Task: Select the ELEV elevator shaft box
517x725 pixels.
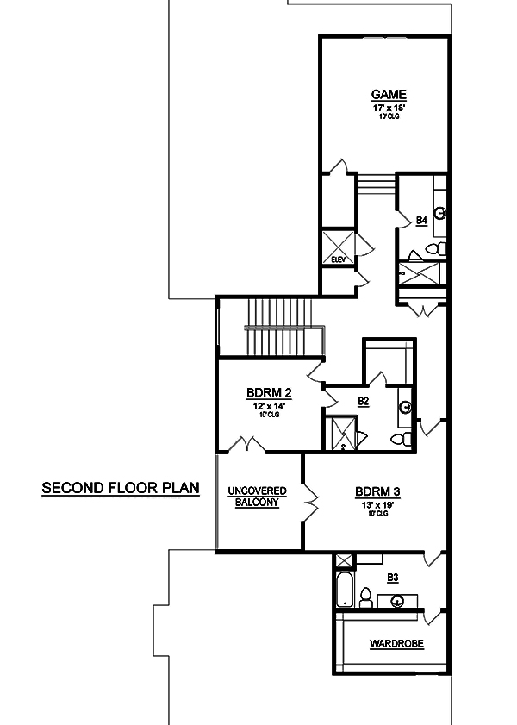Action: click(x=335, y=245)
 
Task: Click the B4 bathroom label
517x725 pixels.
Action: click(x=421, y=221)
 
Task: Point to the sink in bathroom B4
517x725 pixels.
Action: click(x=439, y=212)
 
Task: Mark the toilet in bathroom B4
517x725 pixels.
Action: click(x=437, y=249)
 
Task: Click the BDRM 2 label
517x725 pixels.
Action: click(x=269, y=393)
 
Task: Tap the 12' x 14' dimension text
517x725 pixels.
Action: click(x=269, y=406)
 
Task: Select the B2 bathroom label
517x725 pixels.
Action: click(x=363, y=401)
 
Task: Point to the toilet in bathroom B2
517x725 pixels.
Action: click(x=401, y=439)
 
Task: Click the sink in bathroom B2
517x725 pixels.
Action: click(x=405, y=407)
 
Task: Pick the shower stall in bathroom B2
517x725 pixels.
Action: click(x=339, y=432)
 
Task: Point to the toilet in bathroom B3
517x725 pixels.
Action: click(x=365, y=597)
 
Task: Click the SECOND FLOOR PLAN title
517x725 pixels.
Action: click(x=121, y=488)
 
